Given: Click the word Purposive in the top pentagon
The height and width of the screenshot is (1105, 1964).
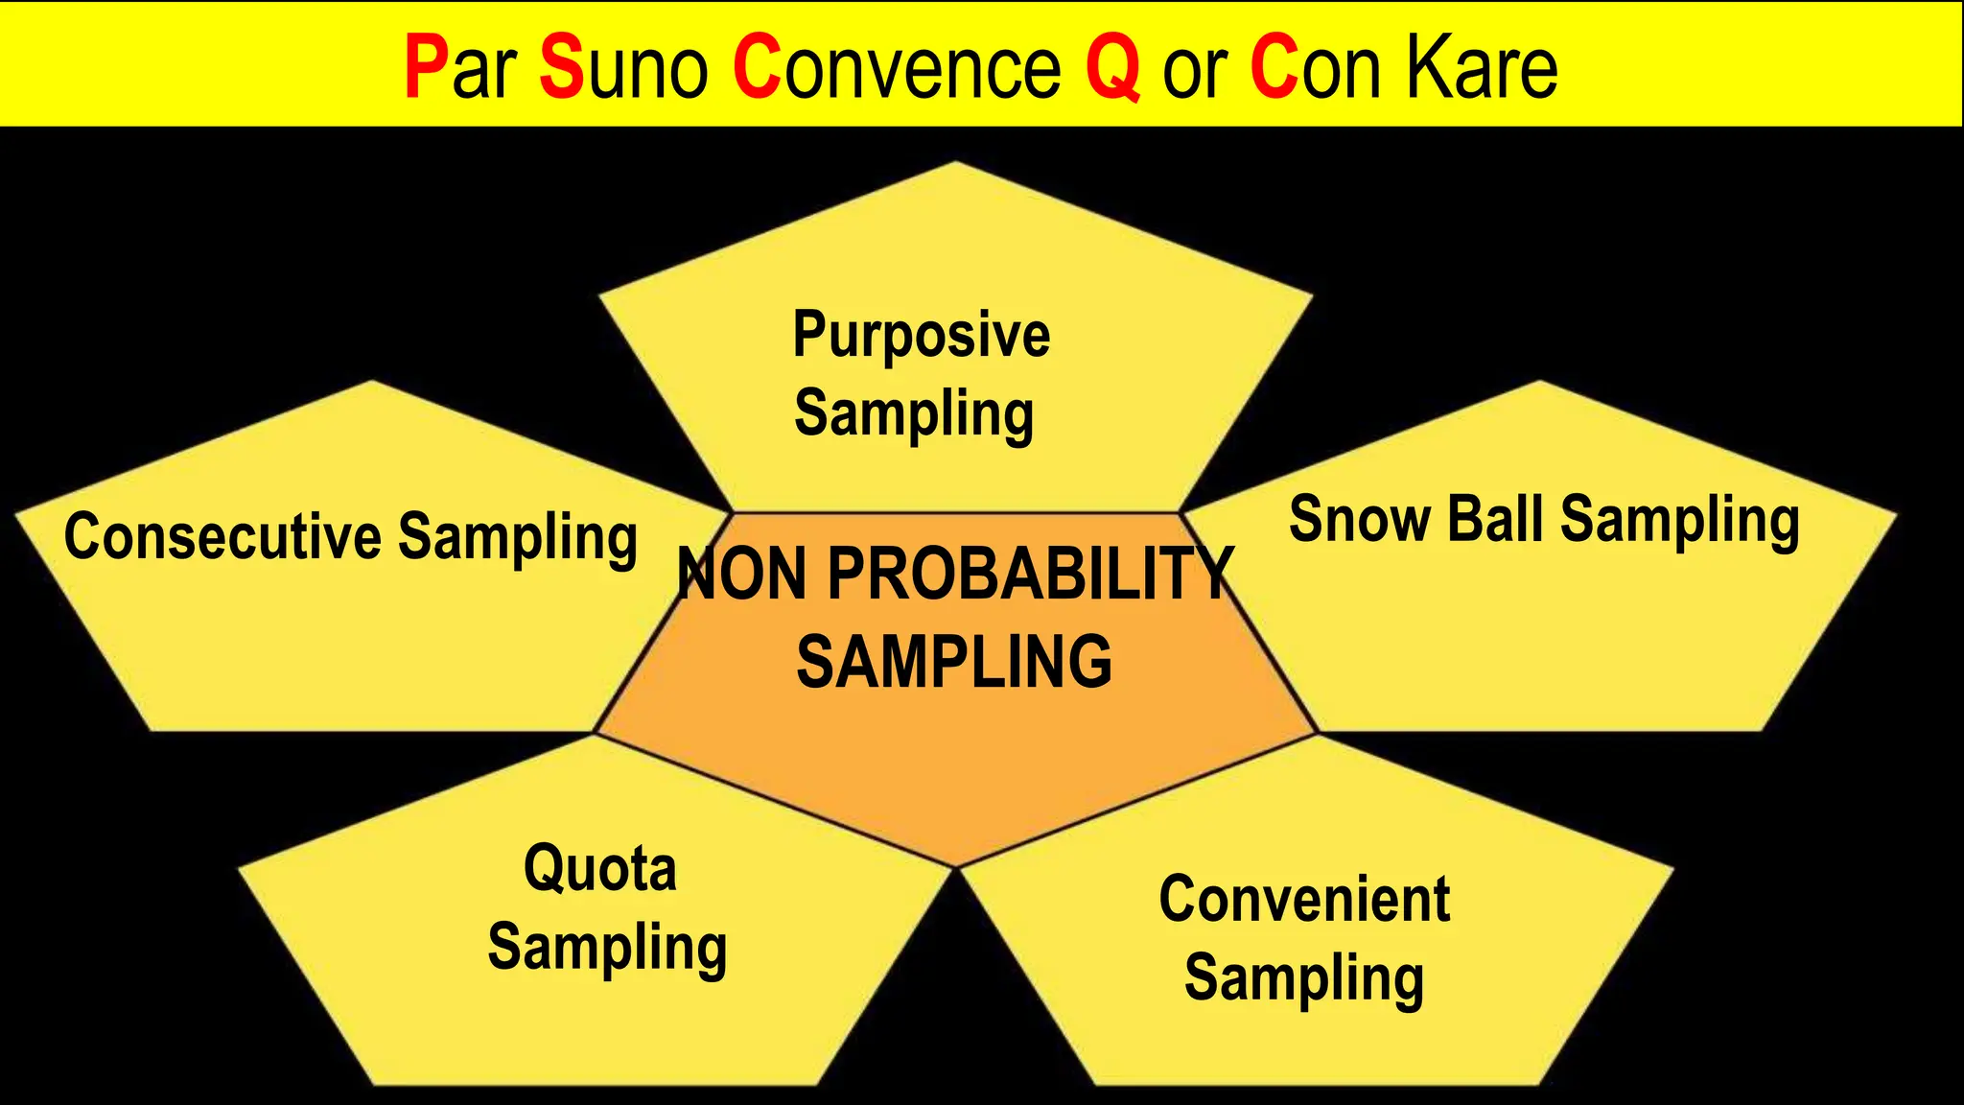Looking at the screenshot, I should [921, 337].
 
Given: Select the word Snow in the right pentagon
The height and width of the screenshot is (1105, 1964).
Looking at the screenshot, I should [1359, 519].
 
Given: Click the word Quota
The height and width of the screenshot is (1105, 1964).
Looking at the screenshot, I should [600, 868].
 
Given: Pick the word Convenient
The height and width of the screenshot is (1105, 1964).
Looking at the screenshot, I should [1304, 900].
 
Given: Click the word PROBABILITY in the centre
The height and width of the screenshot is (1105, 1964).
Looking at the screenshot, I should [1030, 574].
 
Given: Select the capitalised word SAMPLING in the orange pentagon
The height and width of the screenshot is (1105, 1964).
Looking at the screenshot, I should [954, 662].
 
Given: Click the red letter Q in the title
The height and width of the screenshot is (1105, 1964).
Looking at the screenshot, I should [1113, 67].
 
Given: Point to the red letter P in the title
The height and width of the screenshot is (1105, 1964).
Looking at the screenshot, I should [423, 67].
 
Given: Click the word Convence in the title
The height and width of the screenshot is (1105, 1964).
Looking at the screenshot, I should [897, 67].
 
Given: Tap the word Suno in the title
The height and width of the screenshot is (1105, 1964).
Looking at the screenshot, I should [624, 67].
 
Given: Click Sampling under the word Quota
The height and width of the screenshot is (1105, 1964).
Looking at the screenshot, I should [607, 948].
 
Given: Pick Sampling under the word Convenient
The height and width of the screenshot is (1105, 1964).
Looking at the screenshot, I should [1304, 978].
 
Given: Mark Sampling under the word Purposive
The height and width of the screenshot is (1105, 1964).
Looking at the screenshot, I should [914, 414].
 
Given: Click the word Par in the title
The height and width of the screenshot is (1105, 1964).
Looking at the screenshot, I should [460, 67].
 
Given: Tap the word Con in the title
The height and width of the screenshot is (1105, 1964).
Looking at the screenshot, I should [1315, 67].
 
